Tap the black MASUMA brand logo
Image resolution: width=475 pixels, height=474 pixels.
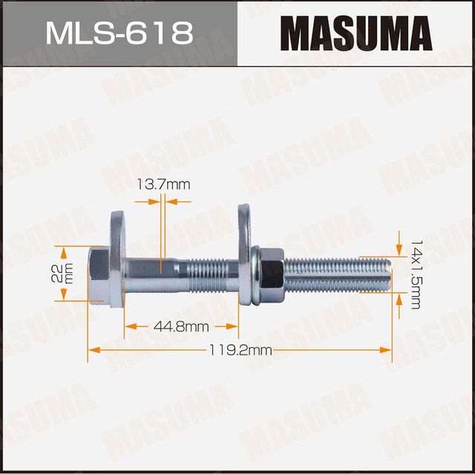(x=356, y=33)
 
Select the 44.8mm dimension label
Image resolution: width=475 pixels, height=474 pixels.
(x=182, y=326)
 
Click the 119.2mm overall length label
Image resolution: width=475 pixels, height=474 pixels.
(x=240, y=350)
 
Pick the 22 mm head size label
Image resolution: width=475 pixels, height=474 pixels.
(x=66, y=273)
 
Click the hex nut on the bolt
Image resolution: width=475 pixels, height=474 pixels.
(x=269, y=272)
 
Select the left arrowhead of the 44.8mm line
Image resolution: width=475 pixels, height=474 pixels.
(x=128, y=326)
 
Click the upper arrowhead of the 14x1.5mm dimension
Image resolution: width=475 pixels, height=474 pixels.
(x=402, y=251)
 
